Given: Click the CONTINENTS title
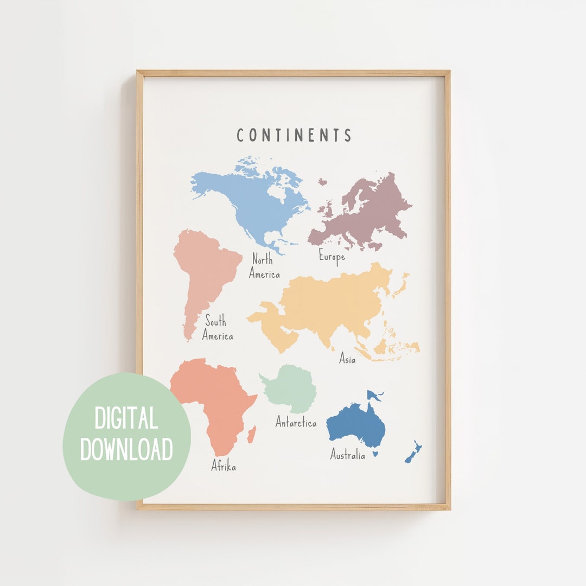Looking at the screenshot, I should tap(294, 135).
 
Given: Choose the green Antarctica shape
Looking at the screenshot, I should tap(290, 388).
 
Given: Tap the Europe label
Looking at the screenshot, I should tap(332, 256).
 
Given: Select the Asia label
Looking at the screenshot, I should tap(347, 358).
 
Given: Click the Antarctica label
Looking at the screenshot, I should tap(296, 422).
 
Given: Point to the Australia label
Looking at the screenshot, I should tap(348, 455).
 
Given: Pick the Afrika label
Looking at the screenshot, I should tap(224, 466).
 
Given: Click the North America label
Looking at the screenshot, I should tap(264, 266).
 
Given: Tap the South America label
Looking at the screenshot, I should tap(217, 328).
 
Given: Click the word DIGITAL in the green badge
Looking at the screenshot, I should tap(126, 418).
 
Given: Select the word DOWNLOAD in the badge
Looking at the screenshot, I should tap(126, 449).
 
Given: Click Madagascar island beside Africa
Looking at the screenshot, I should tap(252, 434).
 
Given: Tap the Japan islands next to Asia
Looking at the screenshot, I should tap(402, 285).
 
